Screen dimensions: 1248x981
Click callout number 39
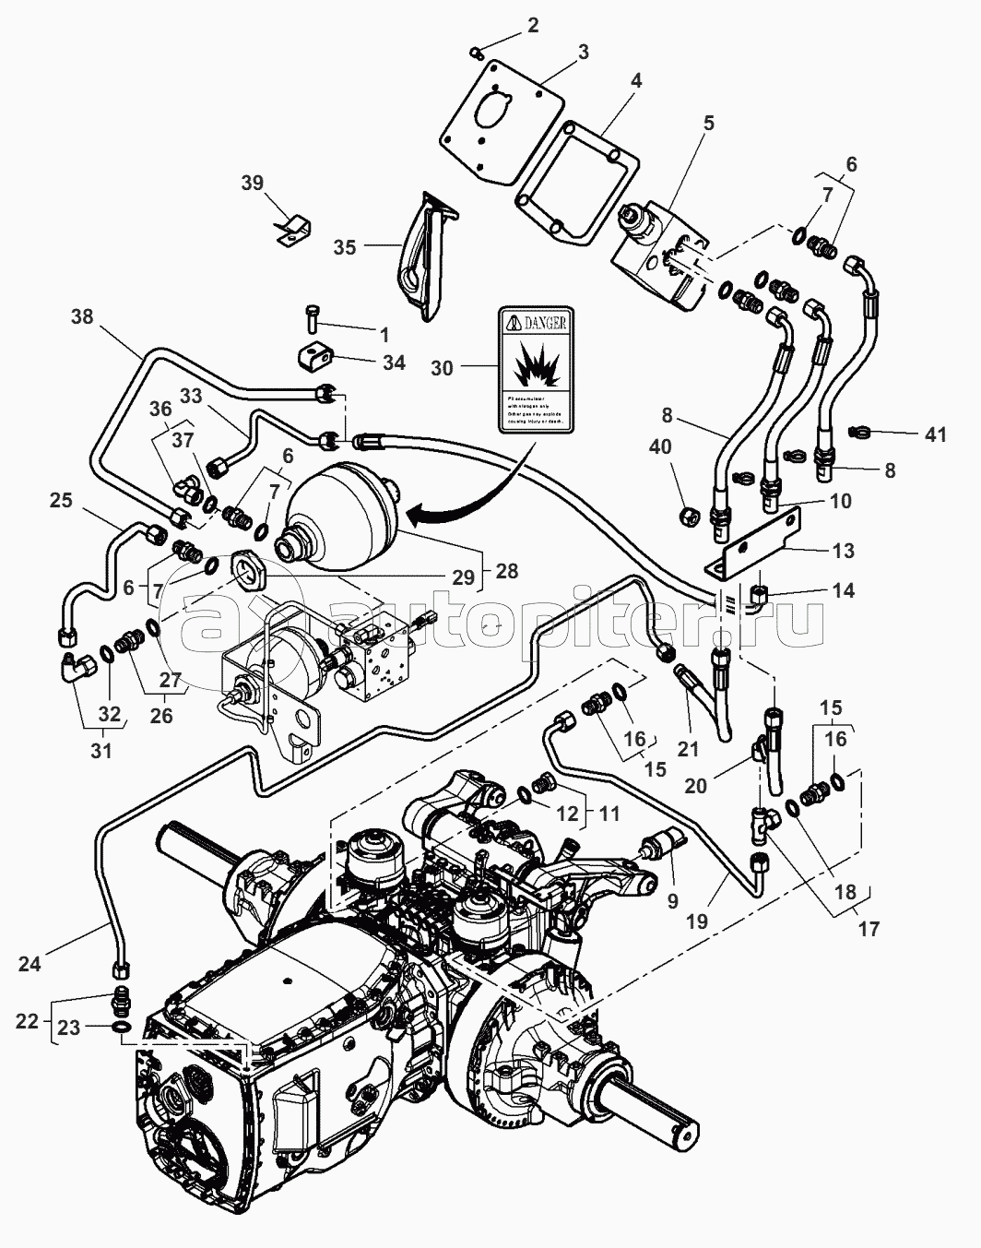(253, 183)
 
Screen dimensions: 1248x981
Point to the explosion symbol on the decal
(535, 368)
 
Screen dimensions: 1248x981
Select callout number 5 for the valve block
(708, 122)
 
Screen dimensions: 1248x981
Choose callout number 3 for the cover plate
(583, 52)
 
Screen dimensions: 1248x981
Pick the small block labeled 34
(313, 355)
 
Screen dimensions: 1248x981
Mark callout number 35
(345, 247)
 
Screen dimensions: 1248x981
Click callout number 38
(82, 316)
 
